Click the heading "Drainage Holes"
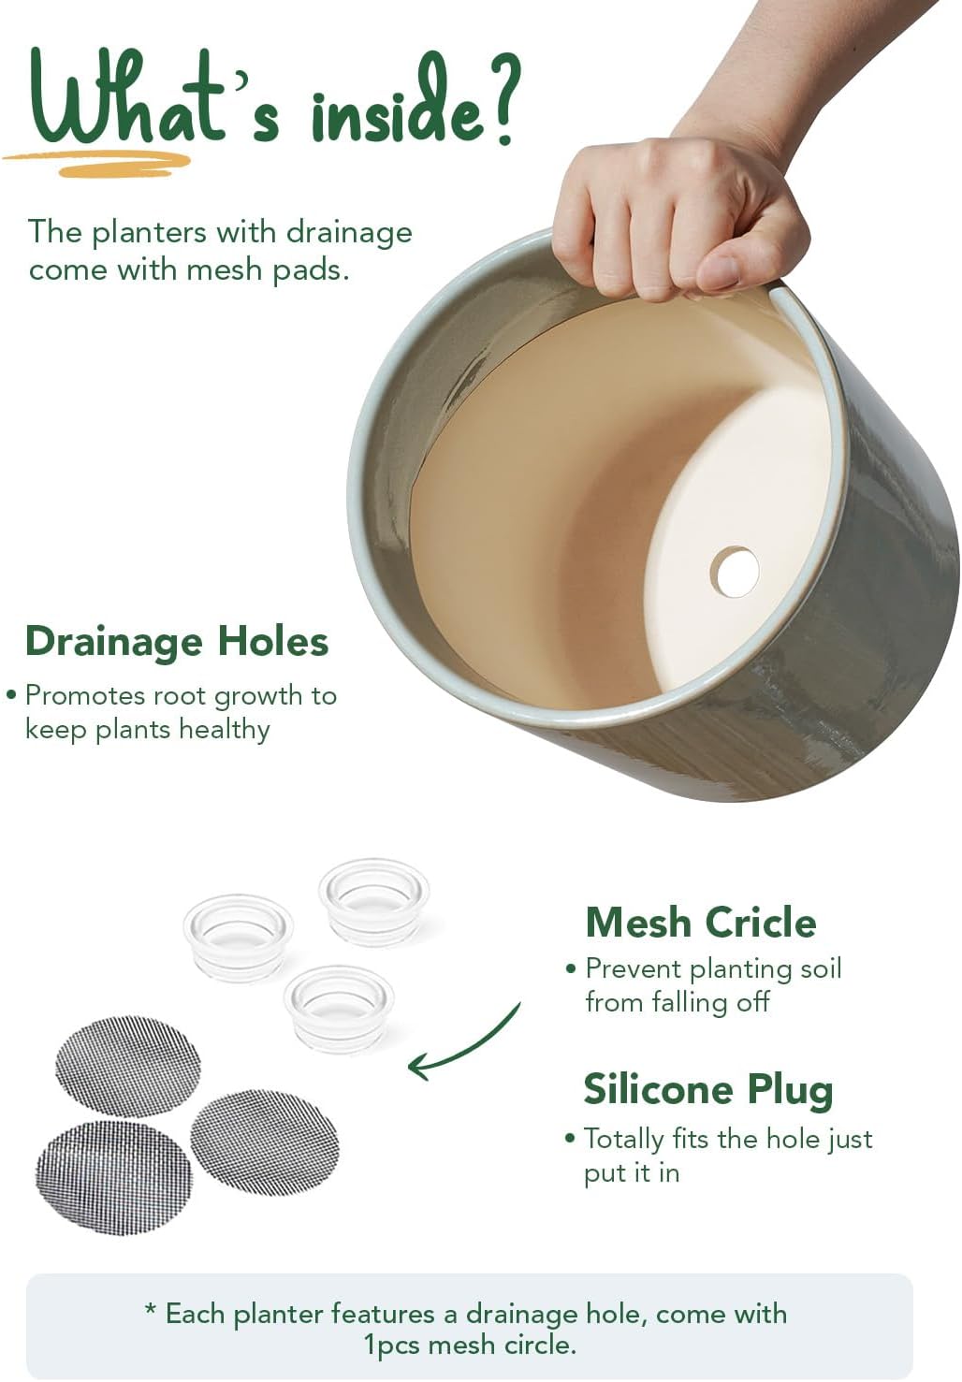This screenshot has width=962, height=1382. (x=177, y=642)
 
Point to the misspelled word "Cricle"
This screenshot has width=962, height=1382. (x=760, y=924)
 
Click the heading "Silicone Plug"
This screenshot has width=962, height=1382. (x=707, y=1090)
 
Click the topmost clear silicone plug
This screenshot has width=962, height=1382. (x=374, y=902)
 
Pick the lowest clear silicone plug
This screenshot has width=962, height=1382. (x=339, y=1009)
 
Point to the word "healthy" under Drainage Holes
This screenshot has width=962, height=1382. (x=225, y=731)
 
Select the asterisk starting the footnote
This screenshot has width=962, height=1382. (x=150, y=1309)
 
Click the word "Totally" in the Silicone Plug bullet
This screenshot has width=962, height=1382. (x=624, y=1140)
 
